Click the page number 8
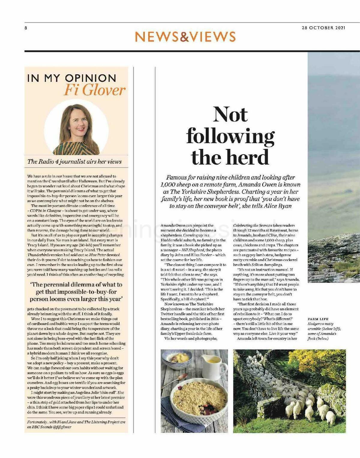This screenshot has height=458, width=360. (26, 28)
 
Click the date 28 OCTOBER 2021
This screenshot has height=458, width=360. (323, 28)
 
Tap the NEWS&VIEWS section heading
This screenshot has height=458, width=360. (185, 37)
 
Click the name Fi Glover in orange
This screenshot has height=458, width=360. (94, 90)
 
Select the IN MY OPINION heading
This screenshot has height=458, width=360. (72, 78)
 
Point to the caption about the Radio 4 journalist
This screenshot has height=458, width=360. (74, 162)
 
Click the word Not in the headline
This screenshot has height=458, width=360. (230, 115)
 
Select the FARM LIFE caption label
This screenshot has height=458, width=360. (318, 319)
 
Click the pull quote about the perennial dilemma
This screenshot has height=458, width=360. (76, 292)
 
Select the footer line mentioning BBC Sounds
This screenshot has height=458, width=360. (76, 424)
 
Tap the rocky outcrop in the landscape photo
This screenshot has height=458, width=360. (333, 255)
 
